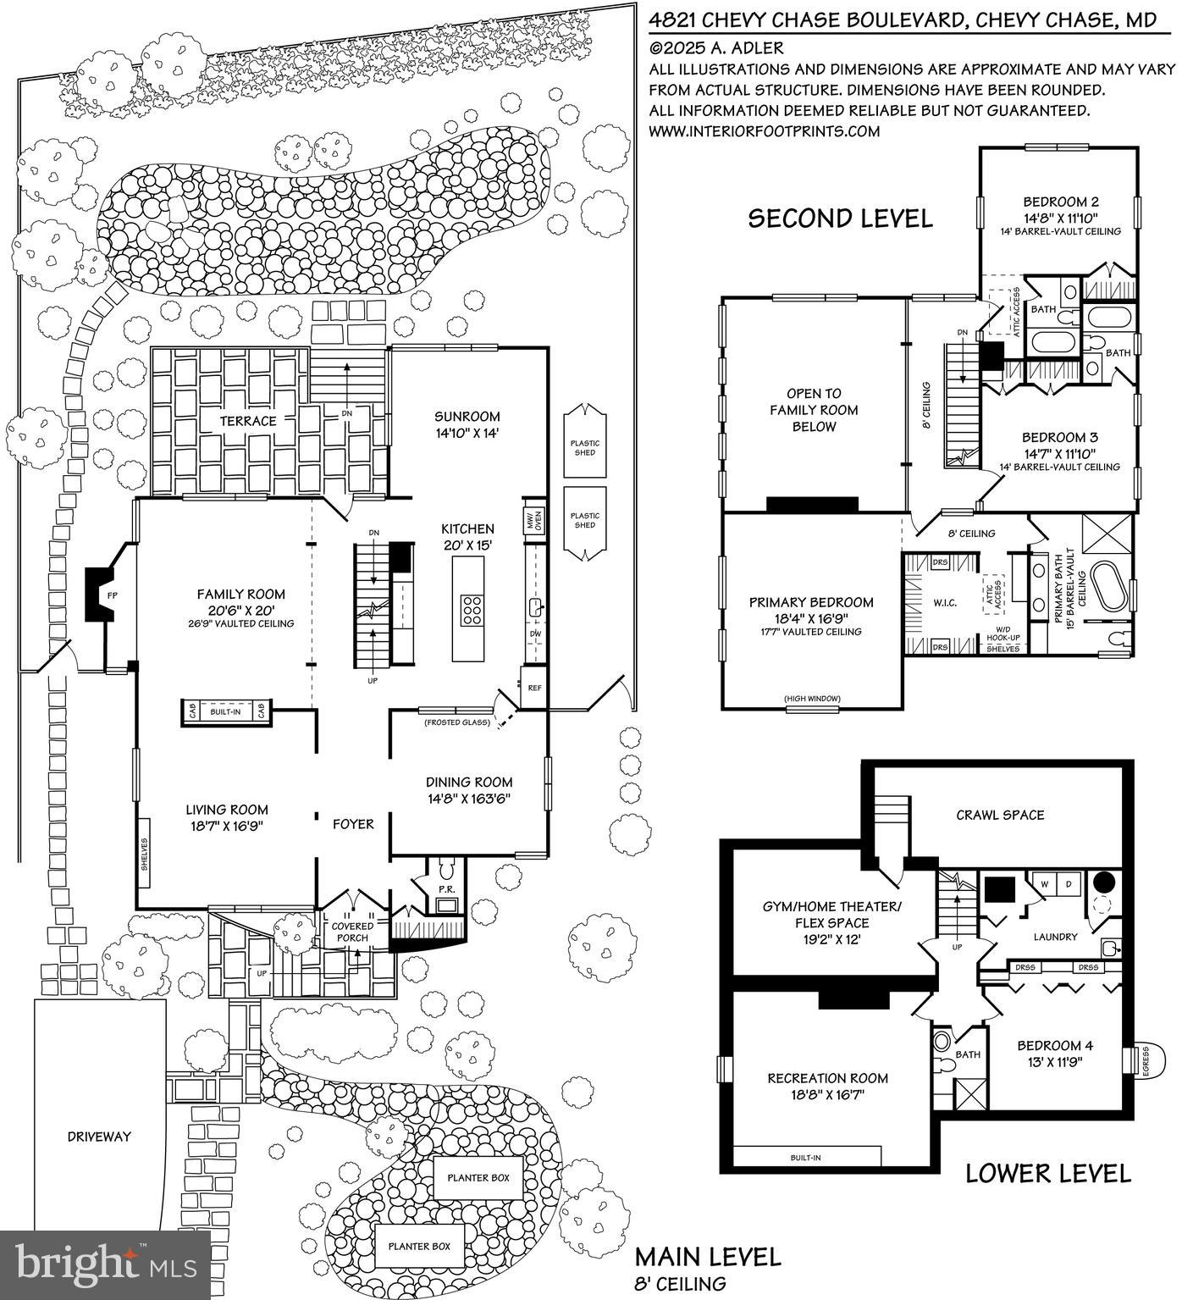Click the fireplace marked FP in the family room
[x=108, y=595]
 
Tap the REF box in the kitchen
[x=534, y=688]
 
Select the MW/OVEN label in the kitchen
[x=533, y=520]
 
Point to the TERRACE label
[x=248, y=421]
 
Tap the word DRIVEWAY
[x=99, y=1137]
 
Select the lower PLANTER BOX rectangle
[x=420, y=1247]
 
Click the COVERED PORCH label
[x=352, y=932]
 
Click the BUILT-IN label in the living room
[x=226, y=712]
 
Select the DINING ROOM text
[x=468, y=782]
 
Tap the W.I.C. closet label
[x=945, y=602]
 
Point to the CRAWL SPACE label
[x=1000, y=815]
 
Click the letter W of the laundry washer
[x=1044, y=884]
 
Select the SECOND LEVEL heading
[x=840, y=218]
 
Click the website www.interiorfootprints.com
[x=765, y=131]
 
